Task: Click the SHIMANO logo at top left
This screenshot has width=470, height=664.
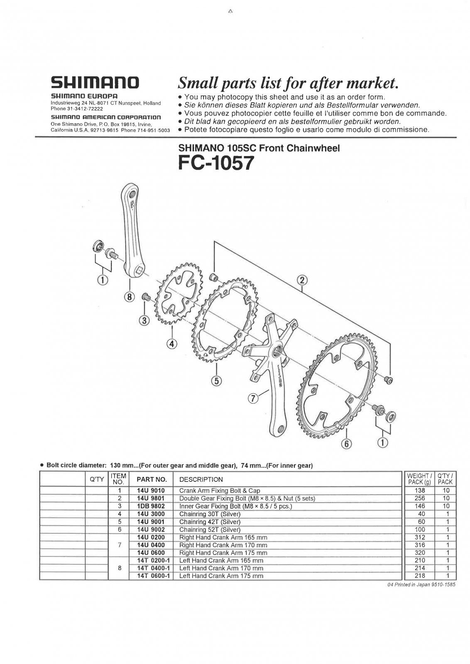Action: (x=95, y=83)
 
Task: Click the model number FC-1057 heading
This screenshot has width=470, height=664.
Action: (x=216, y=163)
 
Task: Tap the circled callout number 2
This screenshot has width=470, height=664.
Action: (x=302, y=280)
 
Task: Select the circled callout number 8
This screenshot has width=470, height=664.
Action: (x=130, y=297)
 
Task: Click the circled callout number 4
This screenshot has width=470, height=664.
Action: (x=172, y=344)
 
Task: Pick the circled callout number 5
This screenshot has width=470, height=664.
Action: (x=216, y=381)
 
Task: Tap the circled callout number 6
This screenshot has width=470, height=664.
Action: (x=347, y=444)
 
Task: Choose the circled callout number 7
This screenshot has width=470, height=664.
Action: (x=253, y=399)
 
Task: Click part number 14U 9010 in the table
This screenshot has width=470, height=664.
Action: (x=151, y=490)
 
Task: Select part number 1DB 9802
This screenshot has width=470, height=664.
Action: (x=151, y=506)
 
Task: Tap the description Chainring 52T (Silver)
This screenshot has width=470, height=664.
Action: (x=210, y=530)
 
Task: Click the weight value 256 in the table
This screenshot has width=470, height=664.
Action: (x=420, y=498)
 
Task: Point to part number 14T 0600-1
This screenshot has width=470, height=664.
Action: (x=153, y=576)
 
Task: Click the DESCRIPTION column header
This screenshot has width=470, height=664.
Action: (x=201, y=480)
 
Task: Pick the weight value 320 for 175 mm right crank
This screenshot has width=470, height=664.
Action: (x=420, y=552)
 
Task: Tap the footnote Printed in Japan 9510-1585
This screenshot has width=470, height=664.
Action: (x=421, y=585)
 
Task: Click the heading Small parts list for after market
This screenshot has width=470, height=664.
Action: (x=288, y=83)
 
